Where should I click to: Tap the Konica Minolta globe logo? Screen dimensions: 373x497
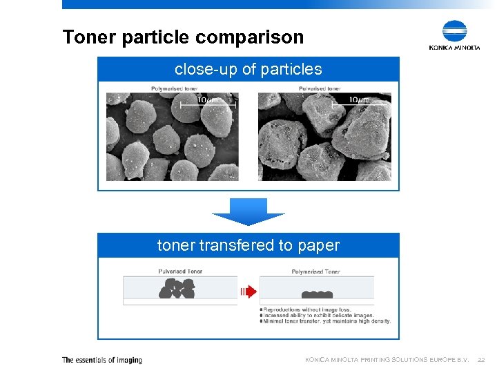[x=454, y=32]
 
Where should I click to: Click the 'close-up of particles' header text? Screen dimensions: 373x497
[x=248, y=69]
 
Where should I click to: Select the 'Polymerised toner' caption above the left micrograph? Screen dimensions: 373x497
[x=175, y=88]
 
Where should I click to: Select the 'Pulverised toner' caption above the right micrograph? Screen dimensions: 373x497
[x=320, y=88]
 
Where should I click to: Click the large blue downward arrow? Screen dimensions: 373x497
[x=248, y=211]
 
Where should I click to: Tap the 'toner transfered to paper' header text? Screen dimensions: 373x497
[x=248, y=245]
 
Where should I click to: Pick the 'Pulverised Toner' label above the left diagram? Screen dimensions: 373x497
[x=180, y=271]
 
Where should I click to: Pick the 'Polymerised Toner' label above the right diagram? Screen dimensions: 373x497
[x=316, y=271]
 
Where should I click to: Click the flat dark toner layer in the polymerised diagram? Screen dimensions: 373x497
[x=317, y=294]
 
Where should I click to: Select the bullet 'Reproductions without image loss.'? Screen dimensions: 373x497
[x=308, y=309]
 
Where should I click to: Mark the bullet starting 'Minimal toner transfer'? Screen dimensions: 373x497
[x=324, y=321]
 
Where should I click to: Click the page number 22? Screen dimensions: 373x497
[x=482, y=360]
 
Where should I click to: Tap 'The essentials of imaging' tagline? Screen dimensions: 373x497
[x=102, y=360]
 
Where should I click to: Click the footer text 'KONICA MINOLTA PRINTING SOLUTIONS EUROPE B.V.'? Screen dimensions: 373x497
[x=387, y=360]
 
